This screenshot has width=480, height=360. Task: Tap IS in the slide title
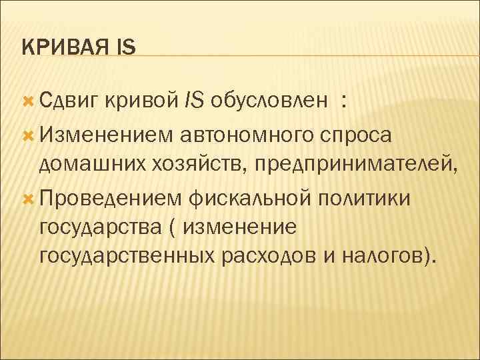[x=125, y=47]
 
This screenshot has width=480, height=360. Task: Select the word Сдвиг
[x=69, y=101]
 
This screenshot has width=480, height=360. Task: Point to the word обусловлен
[x=269, y=101]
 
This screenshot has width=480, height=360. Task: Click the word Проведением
[x=110, y=198]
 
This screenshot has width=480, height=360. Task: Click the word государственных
[x=127, y=256]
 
